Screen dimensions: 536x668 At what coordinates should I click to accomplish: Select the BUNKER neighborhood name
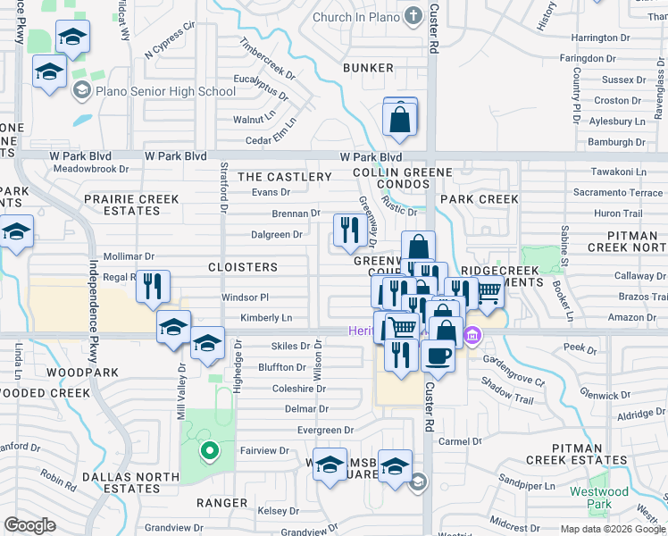click(x=368, y=68)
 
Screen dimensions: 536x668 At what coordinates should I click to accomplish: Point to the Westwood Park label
click(x=599, y=498)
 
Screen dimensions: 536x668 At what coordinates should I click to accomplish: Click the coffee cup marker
click(x=437, y=356)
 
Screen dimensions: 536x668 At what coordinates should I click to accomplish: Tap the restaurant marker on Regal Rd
click(x=153, y=287)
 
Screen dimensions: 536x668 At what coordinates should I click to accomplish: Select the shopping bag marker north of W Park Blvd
click(x=400, y=118)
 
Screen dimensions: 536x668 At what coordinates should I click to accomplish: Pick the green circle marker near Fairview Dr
click(x=209, y=451)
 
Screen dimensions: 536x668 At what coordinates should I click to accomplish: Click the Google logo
click(x=29, y=525)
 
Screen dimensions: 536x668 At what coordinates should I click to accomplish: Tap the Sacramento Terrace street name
click(x=618, y=193)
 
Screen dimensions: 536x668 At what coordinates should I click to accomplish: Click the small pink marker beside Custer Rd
click(x=473, y=337)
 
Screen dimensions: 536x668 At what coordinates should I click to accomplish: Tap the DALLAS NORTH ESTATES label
click(x=121, y=483)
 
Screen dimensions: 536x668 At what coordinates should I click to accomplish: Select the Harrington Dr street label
click(x=607, y=38)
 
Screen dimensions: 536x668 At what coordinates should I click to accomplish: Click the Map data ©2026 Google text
click(x=612, y=529)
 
